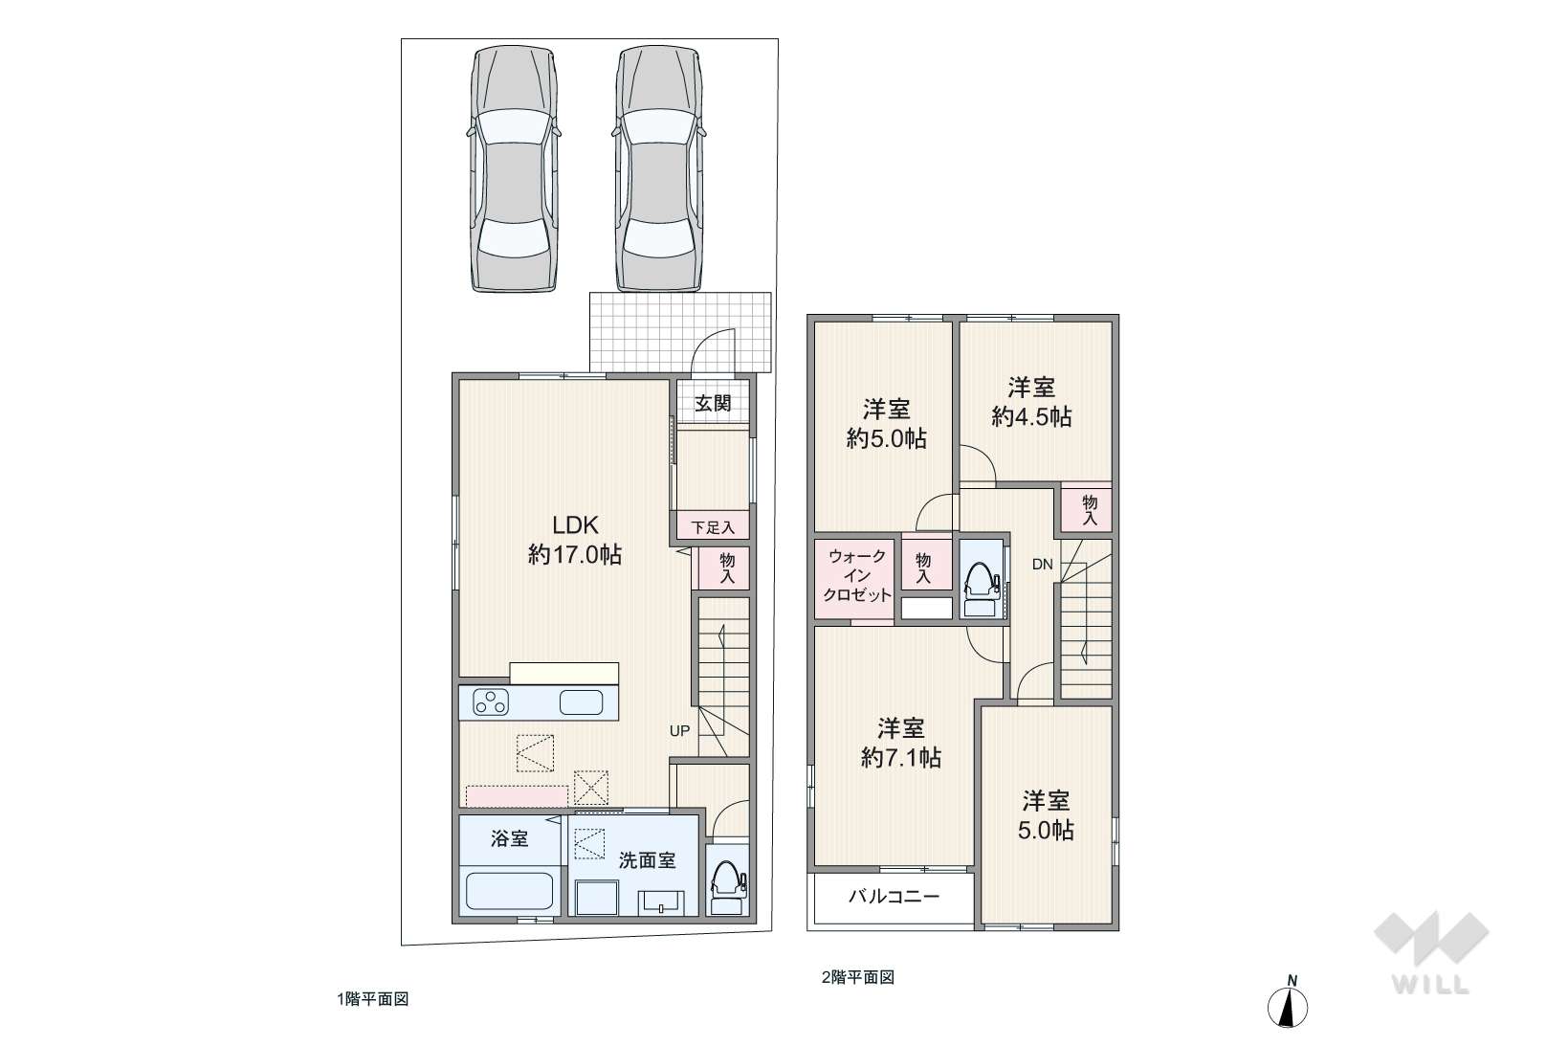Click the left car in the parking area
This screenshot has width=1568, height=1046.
pos(513,168)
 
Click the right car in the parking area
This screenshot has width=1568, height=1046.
pos(659,168)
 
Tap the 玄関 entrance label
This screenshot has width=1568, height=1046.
pos(713,403)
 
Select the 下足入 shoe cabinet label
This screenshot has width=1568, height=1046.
pos(713,527)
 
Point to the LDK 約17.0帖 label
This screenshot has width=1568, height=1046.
pos(575,540)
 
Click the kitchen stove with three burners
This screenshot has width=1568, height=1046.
pos(491,702)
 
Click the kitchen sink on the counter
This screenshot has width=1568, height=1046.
pos(581,702)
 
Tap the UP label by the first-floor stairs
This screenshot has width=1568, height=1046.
pos(679,731)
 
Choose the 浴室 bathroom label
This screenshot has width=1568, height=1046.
pos(509,838)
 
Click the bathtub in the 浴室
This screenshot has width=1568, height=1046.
pos(510,890)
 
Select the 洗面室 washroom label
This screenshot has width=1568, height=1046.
pos(647,860)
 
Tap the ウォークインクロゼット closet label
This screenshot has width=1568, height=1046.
pos(857,575)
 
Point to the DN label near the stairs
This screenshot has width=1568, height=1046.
pos(1042,565)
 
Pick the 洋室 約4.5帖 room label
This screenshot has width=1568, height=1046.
pos(1031,402)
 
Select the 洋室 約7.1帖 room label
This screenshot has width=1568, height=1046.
pos(900,743)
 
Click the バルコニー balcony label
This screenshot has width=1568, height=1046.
pos(894,896)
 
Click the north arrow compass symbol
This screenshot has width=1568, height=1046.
pos(1288,1003)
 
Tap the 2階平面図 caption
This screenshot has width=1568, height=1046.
pos(857,977)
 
